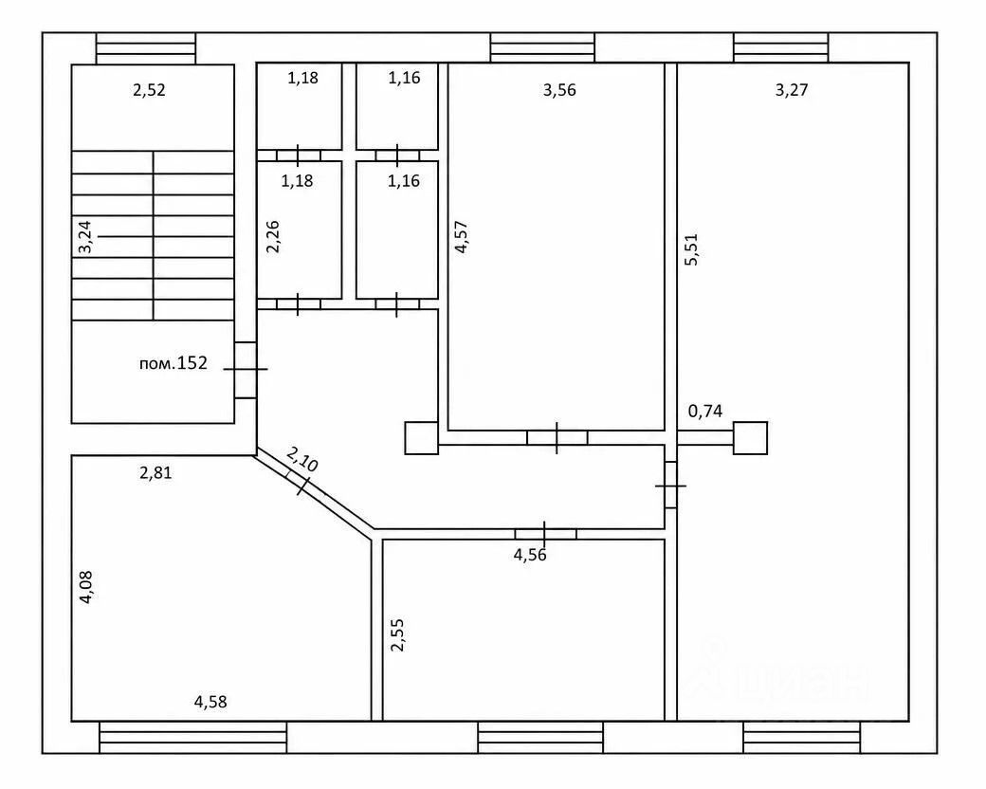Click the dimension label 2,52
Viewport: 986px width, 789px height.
click(x=149, y=90)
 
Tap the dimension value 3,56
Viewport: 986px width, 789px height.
click(x=559, y=90)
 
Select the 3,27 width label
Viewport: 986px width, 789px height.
click(x=791, y=90)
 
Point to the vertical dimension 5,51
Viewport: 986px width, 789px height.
click(x=691, y=249)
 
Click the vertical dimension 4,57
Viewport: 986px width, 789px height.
click(x=461, y=236)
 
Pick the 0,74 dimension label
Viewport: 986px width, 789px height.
click(x=705, y=412)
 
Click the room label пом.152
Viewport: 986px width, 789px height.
click(x=173, y=363)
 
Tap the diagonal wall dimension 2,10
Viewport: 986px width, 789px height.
click(x=302, y=459)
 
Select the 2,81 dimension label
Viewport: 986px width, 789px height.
click(x=155, y=472)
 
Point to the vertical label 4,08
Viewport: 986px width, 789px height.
click(x=85, y=587)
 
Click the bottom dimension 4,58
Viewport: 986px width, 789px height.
click(x=210, y=702)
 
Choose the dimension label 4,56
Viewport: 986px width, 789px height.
click(x=530, y=555)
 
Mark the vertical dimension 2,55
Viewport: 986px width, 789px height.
click(x=397, y=634)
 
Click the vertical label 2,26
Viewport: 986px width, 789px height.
click(x=272, y=236)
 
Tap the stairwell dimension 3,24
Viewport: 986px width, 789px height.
click(x=84, y=236)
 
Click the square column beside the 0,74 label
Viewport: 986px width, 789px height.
click(x=750, y=438)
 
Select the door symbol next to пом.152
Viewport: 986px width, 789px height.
click(x=246, y=370)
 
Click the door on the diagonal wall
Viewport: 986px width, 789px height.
click(x=300, y=484)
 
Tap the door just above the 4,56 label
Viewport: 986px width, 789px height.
click(x=545, y=534)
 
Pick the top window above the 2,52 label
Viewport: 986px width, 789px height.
click(x=146, y=48)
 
